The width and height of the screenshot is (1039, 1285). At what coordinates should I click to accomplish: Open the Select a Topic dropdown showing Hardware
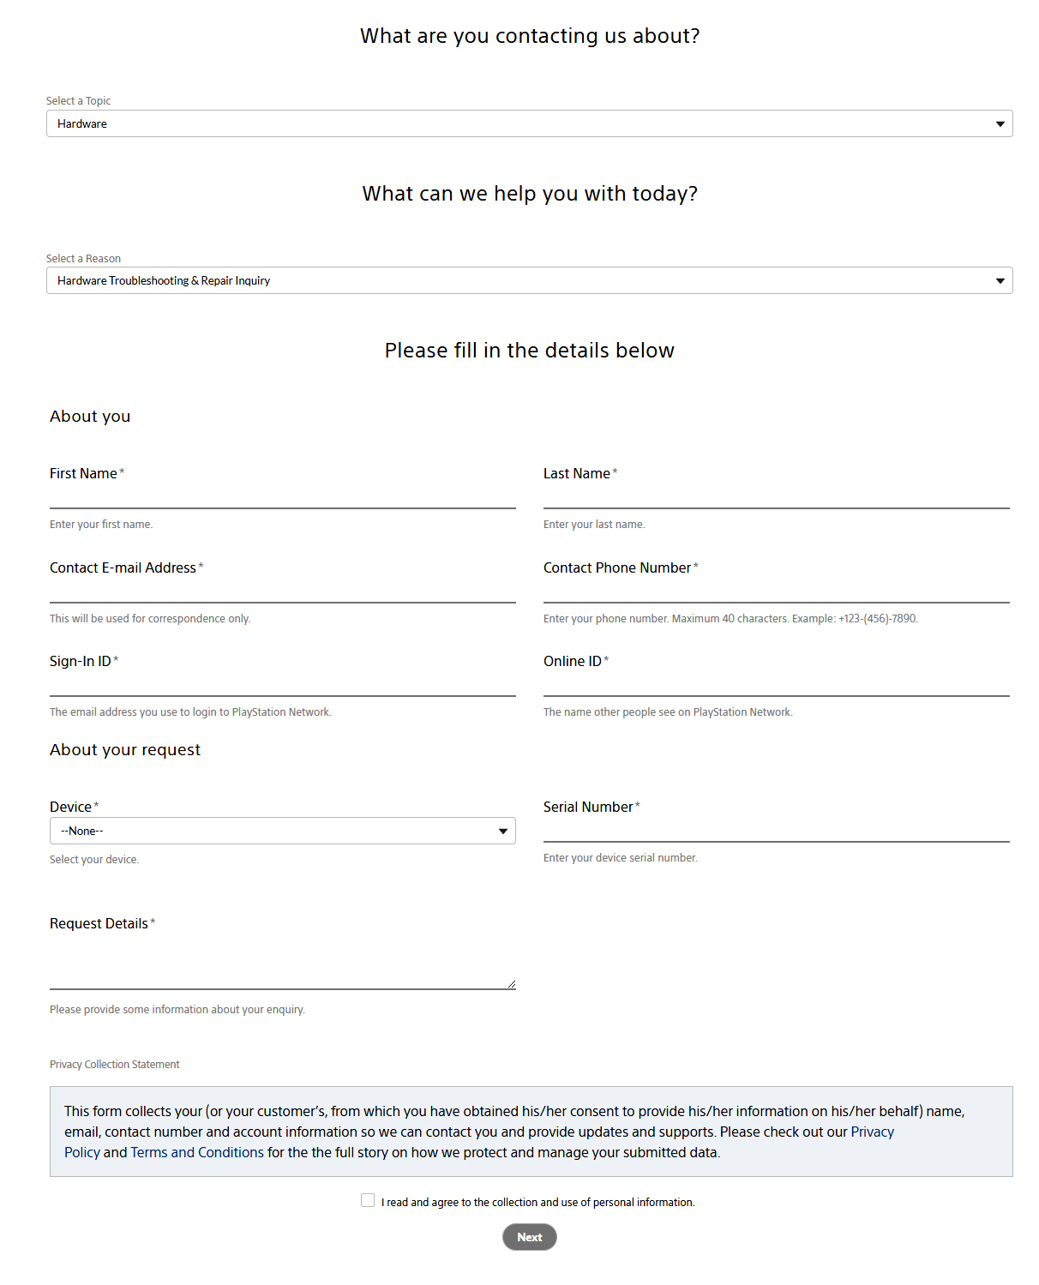point(529,123)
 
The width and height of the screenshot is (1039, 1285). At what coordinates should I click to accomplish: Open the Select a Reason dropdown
point(529,280)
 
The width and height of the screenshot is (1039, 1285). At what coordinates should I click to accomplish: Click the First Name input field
point(282,496)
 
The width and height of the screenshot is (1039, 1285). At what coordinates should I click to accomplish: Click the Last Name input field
point(776,496)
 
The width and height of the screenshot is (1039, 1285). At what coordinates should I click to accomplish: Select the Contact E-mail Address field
point(282,591)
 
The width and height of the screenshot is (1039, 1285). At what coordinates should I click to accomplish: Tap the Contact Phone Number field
point(776,591)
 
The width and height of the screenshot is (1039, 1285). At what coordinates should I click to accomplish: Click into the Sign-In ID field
point(282,684)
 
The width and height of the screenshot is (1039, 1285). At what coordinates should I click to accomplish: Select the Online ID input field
point(776,684)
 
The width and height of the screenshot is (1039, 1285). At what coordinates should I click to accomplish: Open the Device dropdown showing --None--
point(282,831)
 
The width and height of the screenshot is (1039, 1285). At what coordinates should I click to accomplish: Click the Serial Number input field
point(776,830)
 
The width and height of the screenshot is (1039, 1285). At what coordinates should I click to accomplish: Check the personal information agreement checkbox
point(368,1200)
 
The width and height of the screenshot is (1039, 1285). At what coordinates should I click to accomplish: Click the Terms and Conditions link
point(197,1152)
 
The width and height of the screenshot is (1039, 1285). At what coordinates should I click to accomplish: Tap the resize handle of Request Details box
point(511,984)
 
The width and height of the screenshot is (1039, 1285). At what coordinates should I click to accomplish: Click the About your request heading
point(125,750)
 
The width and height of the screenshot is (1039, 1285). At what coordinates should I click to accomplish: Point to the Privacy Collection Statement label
point(115,1064)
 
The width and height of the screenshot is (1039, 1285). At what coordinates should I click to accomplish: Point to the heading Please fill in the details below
point(529,351)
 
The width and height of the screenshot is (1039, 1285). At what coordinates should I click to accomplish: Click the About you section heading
point(90,417)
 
